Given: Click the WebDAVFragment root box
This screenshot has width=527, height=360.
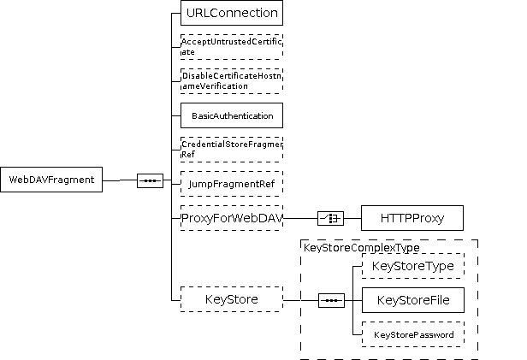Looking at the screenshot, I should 51,180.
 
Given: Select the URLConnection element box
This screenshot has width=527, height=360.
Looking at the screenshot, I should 231,13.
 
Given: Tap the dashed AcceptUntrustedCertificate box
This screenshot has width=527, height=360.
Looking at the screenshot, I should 231,46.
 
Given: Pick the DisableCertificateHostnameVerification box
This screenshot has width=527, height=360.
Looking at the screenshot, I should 231,81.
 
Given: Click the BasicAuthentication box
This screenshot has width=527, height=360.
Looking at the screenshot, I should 231,115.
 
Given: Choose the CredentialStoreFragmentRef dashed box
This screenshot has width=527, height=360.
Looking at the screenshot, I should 231,150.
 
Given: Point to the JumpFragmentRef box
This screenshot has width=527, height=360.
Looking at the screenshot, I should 231,183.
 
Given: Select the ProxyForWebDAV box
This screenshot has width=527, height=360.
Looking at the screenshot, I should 231,218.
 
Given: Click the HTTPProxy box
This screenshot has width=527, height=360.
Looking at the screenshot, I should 412,218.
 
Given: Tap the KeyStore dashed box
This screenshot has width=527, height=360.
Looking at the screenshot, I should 231,299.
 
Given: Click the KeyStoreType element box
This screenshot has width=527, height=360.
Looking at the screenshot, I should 412,266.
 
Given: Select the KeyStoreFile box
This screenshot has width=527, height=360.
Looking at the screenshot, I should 412,299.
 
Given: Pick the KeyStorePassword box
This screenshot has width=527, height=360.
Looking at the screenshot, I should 412,333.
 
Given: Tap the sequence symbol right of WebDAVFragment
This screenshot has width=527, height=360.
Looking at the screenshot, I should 150,180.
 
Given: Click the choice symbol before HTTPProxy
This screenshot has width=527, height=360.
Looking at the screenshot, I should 330,218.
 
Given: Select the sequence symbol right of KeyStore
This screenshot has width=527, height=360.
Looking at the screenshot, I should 331,300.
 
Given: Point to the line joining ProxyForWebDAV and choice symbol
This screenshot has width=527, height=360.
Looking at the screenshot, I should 299,218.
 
